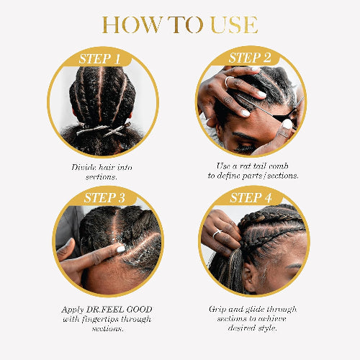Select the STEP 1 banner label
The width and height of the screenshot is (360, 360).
tap(99, 59)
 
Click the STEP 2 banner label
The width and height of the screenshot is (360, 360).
tap(250, 58)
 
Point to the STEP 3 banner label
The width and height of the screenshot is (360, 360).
tap(104, 198)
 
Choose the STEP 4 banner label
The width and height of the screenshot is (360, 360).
tap(251, 198)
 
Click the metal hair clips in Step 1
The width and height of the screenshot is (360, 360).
tap(104, 130)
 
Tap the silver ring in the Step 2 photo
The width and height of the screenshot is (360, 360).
tap(228, 81)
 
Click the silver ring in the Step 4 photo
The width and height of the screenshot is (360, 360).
tap(217, 233)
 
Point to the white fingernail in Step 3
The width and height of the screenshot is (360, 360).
tap(121, 249)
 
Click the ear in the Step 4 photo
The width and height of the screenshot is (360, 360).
tap(248, 274)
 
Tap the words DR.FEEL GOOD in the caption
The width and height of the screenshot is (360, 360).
tap(120, 310)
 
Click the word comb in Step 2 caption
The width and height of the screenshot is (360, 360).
tap(279, 166)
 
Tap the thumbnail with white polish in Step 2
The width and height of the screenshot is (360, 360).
tap(287, 124)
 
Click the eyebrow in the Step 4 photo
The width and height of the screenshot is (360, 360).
tap(294, 266)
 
